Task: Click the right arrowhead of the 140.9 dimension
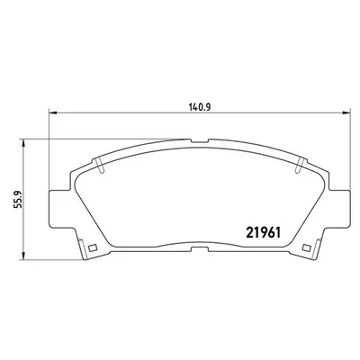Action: click(346, 112)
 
